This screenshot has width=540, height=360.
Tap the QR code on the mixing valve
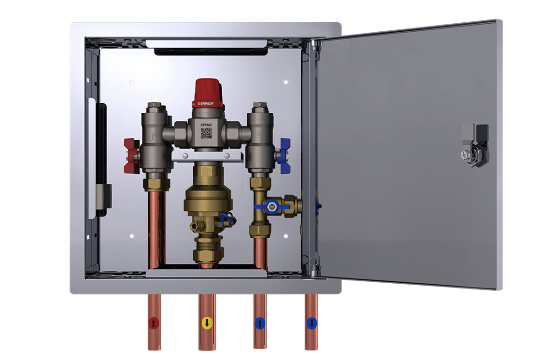(206, 133)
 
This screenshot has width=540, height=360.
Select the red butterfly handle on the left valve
(131, 155)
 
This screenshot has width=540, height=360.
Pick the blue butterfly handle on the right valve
(283, 155)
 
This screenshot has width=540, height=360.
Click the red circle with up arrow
(154, 324)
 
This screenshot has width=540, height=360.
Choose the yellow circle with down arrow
(207, 324)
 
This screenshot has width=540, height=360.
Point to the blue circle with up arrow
(259, 324)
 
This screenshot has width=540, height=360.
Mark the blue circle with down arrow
(311, 324)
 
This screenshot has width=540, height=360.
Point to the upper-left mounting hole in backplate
(132, 82)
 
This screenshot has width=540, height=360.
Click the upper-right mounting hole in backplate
(286, 82)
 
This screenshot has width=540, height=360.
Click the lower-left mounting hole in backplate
(132, 236)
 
